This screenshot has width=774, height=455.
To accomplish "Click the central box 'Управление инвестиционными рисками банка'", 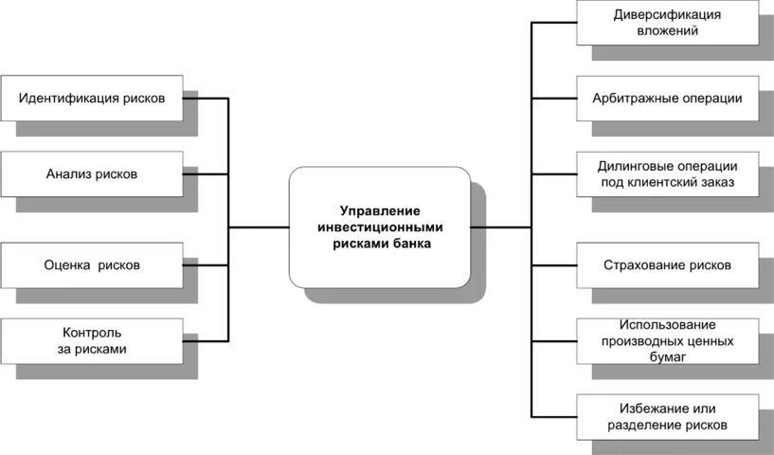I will pyautogui.click(x=380, y=227).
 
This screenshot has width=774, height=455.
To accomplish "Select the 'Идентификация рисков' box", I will pyautogui.click(x=92, y=98).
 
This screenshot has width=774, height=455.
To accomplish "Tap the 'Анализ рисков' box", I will pyautogui.click(x=92, y=174).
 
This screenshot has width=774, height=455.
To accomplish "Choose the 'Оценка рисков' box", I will pyautogui.click(x=92, y=265).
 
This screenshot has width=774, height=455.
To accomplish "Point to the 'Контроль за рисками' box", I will pyautogui.click(x=92, y=341).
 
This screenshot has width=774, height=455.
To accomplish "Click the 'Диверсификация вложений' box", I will pyautogui.click(x=667, y=22).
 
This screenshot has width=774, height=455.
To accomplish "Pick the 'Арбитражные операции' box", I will pyautogui.click(x=667, y=98).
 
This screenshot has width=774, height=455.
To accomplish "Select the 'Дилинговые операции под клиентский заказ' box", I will pyautogui.click(x=667, y=172).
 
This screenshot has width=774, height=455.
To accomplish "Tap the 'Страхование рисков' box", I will pyautogui.click(x=667, y=264).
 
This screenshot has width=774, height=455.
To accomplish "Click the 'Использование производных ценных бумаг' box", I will pyautogui.click(x=667, y=341).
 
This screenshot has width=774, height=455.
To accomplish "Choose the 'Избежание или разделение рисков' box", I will pyautogui.click(x=667, y=416).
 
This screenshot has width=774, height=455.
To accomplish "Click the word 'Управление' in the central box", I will pyautogui.click(x=380, y=210).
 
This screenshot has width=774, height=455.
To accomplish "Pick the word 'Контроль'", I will pyautogui.click(x=92, y=333).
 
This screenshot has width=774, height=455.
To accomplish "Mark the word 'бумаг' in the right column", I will pyautogui.click(x=667, y=357).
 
